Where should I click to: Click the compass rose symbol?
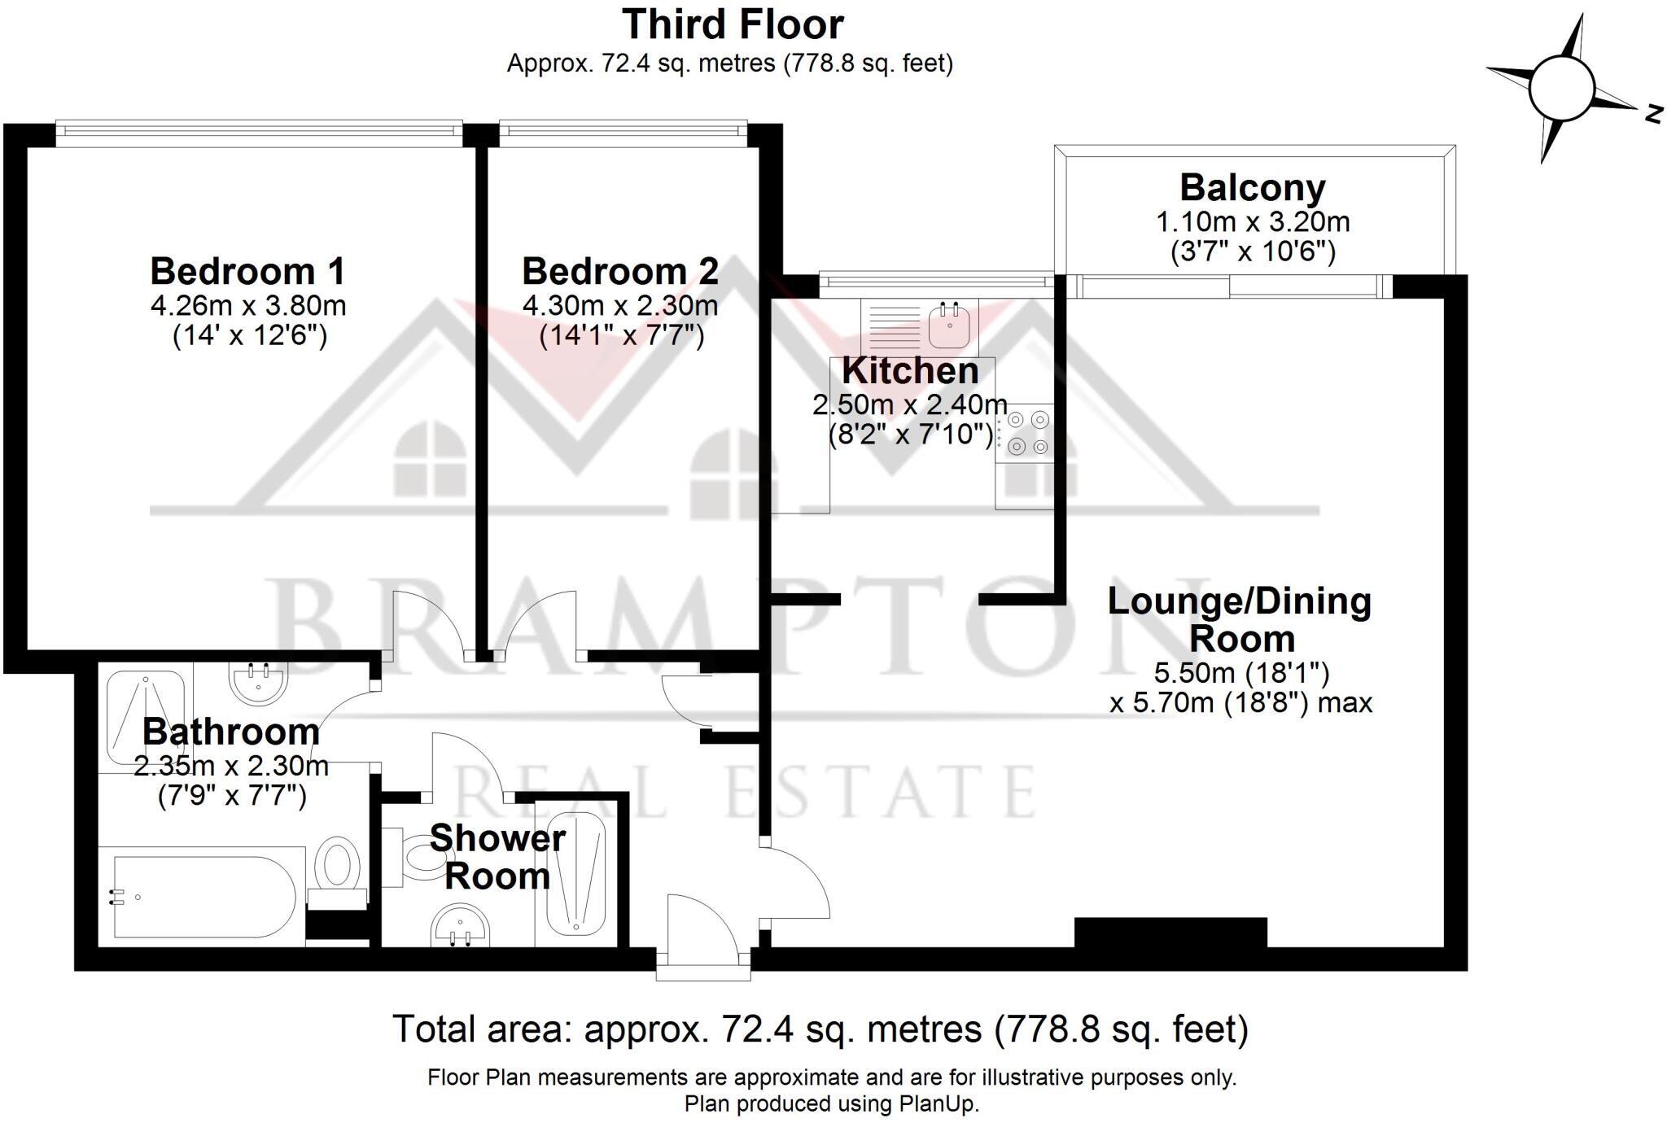point(1560,89)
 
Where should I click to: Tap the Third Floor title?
point(733,24)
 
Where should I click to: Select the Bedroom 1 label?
point(247,271)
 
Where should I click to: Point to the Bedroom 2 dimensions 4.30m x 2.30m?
point(620,306)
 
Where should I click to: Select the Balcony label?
point(1253,188)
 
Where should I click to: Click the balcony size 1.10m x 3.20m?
point(1253,221)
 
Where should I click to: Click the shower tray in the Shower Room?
point(575,874)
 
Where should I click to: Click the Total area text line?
point(820,1029)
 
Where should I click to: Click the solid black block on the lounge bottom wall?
point(1170,933)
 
